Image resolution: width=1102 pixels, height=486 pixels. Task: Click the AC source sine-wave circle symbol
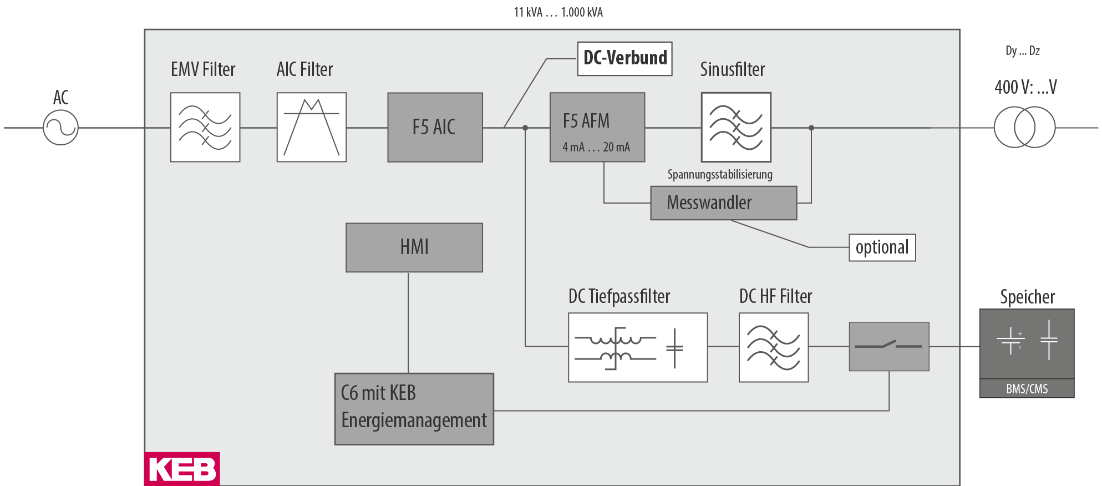(60, 128)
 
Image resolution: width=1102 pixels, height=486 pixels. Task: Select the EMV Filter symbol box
(205, 127)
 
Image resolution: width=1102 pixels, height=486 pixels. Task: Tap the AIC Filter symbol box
(311, 127)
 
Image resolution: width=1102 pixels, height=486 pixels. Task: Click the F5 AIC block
(435, 127)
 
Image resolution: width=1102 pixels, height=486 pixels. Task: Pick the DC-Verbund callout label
(624, 58)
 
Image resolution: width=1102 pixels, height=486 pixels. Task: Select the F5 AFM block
(597, 127)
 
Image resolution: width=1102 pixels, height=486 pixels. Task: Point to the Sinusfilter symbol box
(735, 127)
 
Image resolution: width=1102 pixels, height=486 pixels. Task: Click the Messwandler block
(723, 203)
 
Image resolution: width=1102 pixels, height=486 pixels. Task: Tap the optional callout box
(882, 247)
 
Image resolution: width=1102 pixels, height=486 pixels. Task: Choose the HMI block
(414, 247)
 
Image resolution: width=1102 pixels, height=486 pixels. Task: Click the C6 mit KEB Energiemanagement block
(414, 408)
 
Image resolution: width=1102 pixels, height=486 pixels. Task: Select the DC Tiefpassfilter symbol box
(638, 347)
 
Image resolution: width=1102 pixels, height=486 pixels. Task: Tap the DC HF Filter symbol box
(773, 347)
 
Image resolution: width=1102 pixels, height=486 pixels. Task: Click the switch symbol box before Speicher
(888, 346)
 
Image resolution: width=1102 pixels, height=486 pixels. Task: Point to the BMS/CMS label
(1027, 388)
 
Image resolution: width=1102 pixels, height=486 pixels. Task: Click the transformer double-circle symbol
(1024, 128)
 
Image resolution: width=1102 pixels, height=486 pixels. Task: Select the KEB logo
(182, 469)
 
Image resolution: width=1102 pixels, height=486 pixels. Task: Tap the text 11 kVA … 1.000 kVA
(558, 12)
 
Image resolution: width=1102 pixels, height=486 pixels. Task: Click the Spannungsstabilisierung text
(719, 175)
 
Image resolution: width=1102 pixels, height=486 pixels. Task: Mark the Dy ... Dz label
(1022, 51)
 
